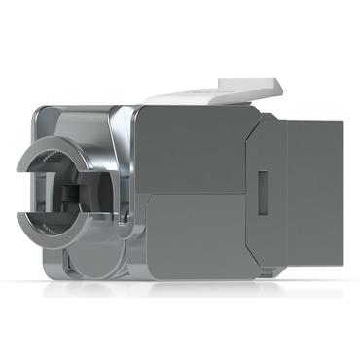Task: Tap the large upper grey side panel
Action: coord(190,146)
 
